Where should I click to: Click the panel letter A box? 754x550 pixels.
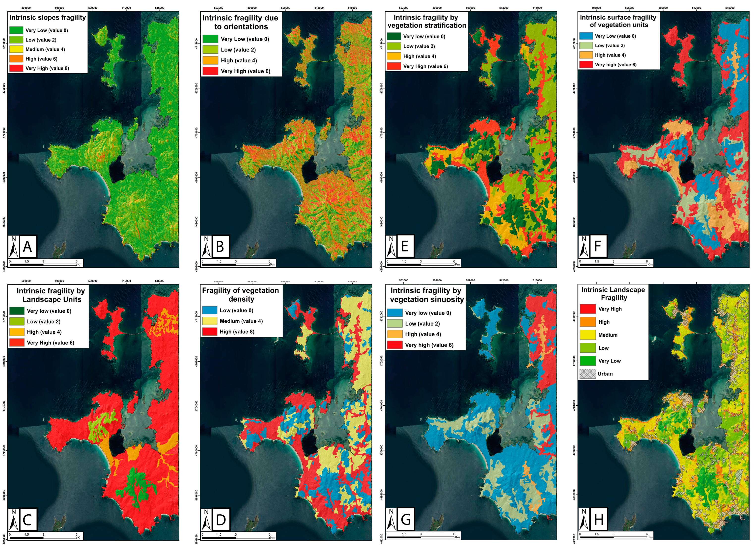(x=28, y=246)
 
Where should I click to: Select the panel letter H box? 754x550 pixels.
(x=598, y=519)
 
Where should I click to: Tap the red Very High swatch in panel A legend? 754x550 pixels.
(x=16, y=68)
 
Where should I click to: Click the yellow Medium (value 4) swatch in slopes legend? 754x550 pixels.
(x=16, y=49)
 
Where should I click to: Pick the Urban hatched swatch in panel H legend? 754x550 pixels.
(x=587, y=373)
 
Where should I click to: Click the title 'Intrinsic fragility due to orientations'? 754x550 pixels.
(x=240, y=22)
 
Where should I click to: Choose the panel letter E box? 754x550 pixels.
(x=405, y=246)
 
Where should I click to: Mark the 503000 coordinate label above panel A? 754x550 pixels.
(x=26, y=8)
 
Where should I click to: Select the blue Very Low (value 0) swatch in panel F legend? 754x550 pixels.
(x=586, y=36)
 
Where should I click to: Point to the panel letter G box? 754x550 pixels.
(x=405, y=519)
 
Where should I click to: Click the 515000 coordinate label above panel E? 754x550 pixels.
(x=537, y=8)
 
